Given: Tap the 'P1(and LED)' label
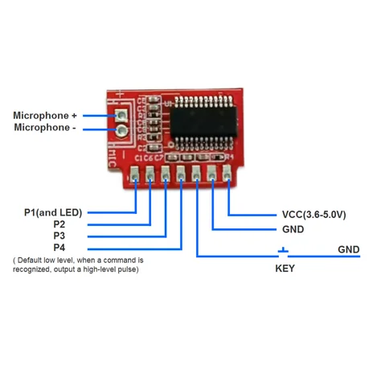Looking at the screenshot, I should (53, 212).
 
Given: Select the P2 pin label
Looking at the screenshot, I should (59, 224).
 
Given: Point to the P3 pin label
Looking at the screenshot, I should (59, 236).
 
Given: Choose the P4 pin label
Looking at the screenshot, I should (59, 248).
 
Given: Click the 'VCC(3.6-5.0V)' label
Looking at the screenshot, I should (313, 215).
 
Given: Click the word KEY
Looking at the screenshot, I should (285, 269).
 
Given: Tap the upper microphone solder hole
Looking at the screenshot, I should (121, 116).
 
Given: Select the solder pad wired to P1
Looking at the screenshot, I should (134, 172).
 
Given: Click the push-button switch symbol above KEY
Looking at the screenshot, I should (283, 251).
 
